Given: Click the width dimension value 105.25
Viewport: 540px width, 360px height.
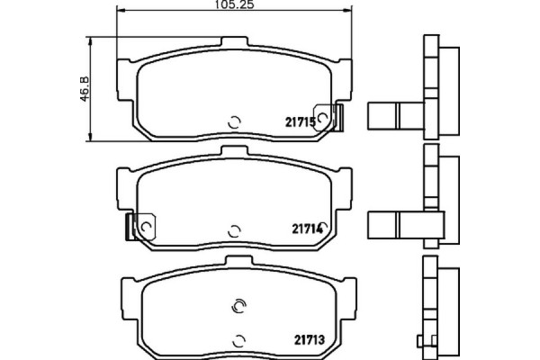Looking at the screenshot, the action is [x=235, y=4].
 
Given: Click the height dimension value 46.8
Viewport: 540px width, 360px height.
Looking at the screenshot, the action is [x=85, y=89].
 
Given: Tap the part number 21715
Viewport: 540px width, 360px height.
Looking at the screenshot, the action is [x=301, y=122].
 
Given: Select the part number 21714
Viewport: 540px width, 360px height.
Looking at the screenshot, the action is [x=308, y=229].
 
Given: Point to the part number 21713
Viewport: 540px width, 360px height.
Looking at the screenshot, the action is [x=310, y=340].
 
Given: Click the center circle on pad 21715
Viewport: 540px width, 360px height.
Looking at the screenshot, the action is [x=235, y=122].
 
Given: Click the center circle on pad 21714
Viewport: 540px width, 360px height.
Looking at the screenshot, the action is [x=234, y=231].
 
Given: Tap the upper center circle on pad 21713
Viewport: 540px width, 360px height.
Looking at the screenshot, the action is [x=239, y=306].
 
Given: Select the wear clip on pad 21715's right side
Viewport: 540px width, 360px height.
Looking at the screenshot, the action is [x=328, y=118].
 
